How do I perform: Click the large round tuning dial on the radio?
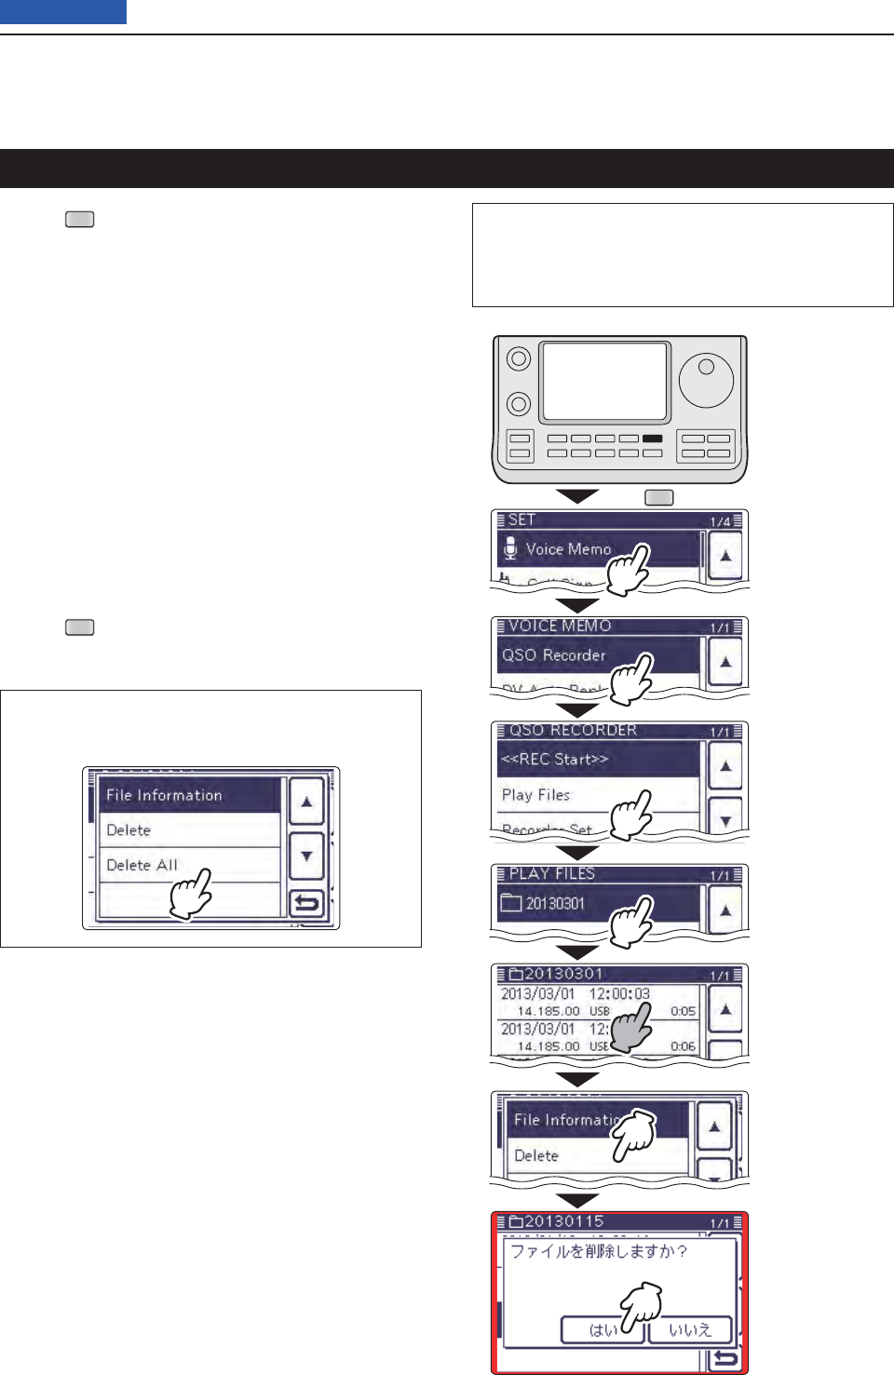(706, 380)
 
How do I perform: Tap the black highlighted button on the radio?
(652, 438)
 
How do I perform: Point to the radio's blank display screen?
(604, 382)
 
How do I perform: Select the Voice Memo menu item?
(568, 549)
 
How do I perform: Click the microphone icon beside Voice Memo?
(509, 548)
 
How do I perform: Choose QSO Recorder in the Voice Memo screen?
(554, 655)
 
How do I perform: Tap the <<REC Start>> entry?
(555, 760)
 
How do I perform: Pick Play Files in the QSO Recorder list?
(536, 795)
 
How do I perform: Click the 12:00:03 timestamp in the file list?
(619, 994)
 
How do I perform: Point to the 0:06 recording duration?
(683, 1046)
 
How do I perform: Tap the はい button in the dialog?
(603, 1330)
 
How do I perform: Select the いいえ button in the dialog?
(690, 1330)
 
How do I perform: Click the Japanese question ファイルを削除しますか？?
(599, 1252)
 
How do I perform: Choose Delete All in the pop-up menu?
(142, 865)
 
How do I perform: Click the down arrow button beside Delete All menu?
(306, 856)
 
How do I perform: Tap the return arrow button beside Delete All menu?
(306, 903)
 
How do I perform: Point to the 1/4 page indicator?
(721, 521)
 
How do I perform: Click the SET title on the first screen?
(521, 520)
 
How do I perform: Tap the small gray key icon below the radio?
(659, 498)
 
